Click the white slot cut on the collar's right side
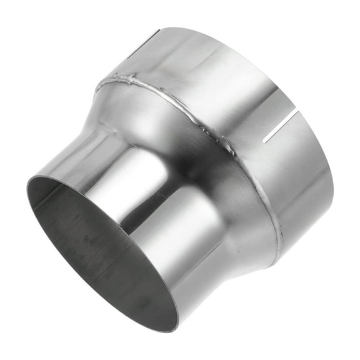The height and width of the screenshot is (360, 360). tap(281, 128)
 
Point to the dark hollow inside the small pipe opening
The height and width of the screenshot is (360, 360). tap(100, 250)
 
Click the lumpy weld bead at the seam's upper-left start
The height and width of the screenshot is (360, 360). tap(128, 81)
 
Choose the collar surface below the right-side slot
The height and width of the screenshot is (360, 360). tap(300, 175)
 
